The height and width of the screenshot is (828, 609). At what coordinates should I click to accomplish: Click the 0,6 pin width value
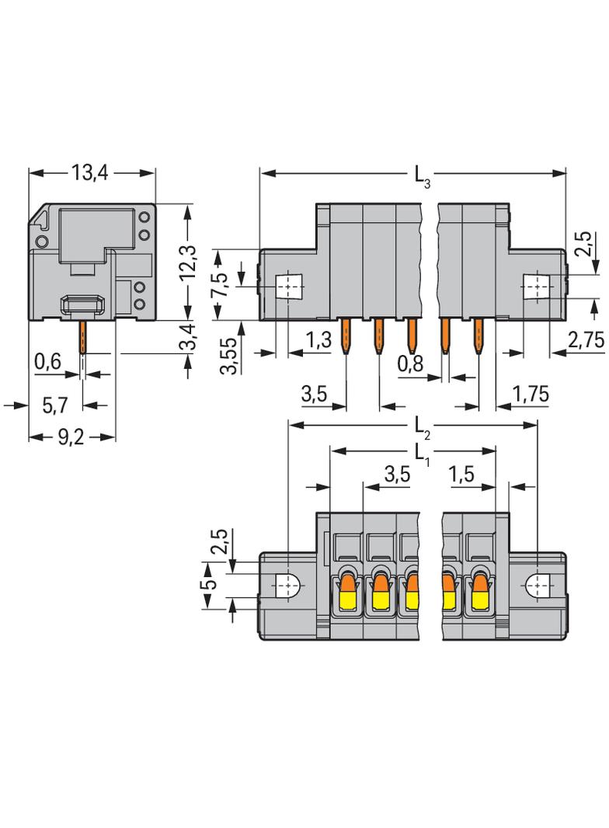[48, 361]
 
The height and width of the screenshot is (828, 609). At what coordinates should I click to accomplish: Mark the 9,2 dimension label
[71, 437]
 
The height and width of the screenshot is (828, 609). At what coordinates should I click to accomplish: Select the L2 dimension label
[422, 426]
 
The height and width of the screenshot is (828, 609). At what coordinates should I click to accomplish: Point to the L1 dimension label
[420, 453]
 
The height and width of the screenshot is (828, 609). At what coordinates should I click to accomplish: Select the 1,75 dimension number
[531, 395]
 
